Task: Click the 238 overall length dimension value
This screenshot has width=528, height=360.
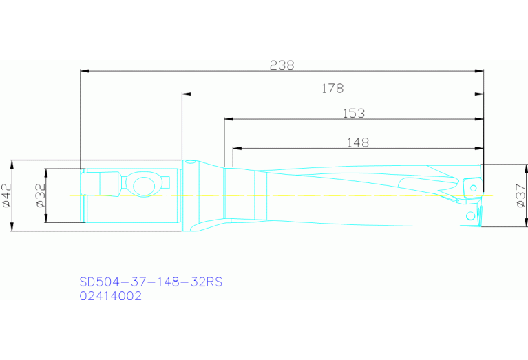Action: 282,65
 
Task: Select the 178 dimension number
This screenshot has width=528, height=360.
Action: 332,88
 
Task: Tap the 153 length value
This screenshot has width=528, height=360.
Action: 354,113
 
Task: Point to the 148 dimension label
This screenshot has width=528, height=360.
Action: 358,142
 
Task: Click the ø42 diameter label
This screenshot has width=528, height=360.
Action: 7,196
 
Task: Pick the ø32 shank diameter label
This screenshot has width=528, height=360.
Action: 40,195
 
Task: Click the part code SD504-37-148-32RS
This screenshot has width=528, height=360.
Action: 151,282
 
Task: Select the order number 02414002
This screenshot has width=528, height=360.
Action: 111,297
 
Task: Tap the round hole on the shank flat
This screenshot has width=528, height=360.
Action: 144,185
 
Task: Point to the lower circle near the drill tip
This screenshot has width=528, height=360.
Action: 471,216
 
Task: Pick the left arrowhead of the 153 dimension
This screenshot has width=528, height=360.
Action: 229,119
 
